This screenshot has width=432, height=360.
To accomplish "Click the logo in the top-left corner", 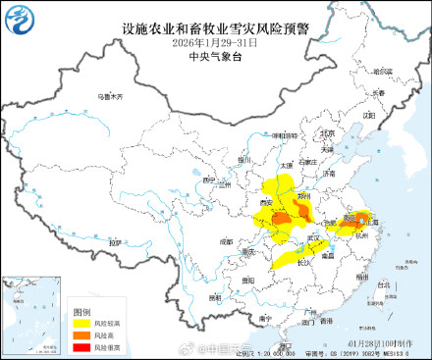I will [x=20, y=21].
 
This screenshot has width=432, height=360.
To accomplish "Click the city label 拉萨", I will [x=116, y=241].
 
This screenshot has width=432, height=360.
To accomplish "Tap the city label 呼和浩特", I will [x=285, y=136].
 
